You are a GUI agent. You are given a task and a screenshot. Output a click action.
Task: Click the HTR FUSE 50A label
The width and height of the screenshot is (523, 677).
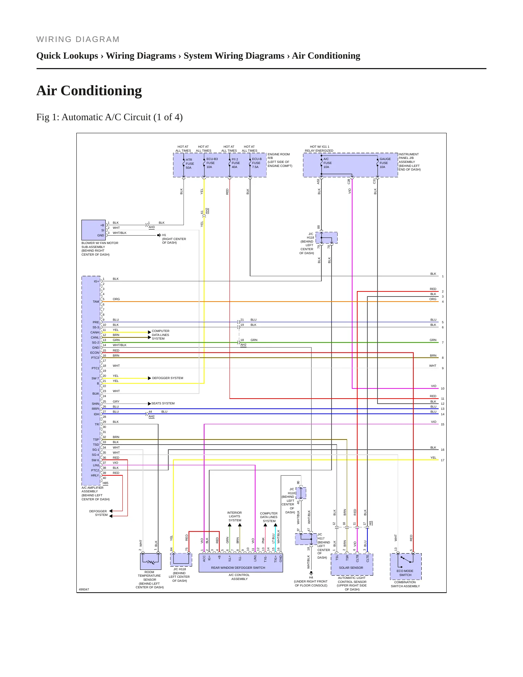190,164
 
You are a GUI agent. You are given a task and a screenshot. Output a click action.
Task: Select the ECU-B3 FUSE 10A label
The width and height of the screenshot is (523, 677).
212,163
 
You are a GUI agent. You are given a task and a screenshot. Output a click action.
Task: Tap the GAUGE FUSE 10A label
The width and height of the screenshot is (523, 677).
385,163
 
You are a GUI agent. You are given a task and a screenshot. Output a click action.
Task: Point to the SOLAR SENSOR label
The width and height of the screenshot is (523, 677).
351,568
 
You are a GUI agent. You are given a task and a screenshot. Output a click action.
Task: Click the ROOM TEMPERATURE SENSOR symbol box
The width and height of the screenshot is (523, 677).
151,562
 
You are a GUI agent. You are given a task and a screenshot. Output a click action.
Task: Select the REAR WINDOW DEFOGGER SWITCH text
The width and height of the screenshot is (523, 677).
238,568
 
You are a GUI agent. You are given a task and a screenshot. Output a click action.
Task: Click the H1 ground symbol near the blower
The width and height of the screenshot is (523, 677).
159,235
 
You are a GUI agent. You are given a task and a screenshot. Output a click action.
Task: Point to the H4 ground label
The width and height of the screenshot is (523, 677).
311,577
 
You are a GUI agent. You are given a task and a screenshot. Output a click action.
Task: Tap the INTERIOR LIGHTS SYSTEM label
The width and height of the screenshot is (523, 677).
235,517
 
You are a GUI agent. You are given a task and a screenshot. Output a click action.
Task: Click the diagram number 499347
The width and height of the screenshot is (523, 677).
84,589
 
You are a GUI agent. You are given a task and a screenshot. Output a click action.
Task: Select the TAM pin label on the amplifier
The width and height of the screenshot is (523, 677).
96,302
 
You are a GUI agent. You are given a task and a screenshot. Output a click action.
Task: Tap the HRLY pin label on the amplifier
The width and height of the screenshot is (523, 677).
95,475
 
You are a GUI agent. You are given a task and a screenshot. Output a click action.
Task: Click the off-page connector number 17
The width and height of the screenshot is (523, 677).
443,460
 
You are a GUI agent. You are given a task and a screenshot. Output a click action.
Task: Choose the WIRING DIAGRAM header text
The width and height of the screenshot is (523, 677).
78,39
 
